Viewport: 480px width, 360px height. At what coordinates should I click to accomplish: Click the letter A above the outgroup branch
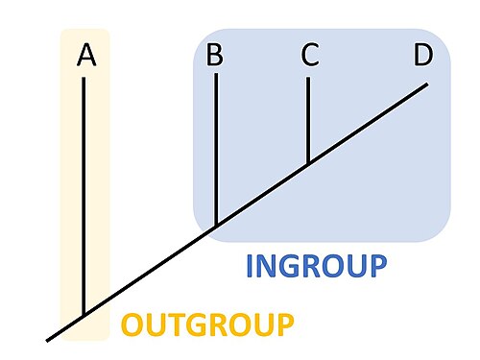[86, 55]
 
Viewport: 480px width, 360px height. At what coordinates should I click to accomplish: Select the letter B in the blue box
[215, 55]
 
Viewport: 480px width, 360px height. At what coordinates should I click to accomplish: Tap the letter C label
[310, 55]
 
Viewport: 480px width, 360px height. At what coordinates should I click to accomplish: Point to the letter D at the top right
[423, 55]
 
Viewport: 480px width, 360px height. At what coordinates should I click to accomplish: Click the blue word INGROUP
[317, 266]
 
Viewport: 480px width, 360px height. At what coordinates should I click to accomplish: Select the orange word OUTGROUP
[207, 324]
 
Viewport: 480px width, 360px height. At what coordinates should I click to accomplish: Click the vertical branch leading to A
[84, 196]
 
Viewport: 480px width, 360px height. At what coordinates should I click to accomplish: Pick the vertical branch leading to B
[216, 150]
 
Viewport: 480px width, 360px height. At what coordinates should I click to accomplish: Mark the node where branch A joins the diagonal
[84, 315]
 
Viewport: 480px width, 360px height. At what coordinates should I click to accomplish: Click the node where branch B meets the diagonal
[216, 226]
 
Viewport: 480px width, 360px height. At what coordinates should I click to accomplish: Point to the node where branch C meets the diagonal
[308, 164]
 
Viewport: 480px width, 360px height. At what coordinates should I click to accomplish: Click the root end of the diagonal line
[47, 341]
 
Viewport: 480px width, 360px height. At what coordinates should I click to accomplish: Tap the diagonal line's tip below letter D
[427, 84]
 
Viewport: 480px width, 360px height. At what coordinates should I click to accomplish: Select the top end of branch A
[84, 78]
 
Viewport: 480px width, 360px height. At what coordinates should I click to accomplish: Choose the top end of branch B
[216, 74]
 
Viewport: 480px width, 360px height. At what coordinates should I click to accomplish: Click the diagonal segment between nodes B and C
[262, 195]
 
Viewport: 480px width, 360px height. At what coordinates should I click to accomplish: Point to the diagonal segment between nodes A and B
[150, 271]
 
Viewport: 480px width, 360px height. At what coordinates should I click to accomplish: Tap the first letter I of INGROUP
[250, 266]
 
